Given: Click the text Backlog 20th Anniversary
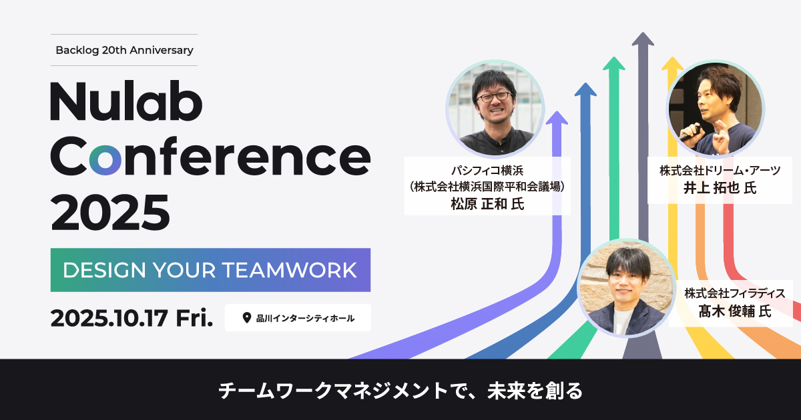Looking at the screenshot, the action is pyautogui.click(x=124, y=50).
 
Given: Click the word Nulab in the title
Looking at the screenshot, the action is pyautogui.click(x=126, y=101).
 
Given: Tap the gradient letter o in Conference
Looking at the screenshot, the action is pyautogui.click(x=105, y=159).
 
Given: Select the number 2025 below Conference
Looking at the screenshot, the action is pyautogui.click(x=109, y=213).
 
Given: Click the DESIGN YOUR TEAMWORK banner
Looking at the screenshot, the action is pyautogui.click(x=210, y=270).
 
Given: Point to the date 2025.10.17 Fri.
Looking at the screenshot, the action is pyautogui.click(x=131, y=318).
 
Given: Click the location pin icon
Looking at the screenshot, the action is pyautogui.click(x=247, y=318).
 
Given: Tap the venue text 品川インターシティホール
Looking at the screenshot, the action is pyautogui.click(x=305, y=318).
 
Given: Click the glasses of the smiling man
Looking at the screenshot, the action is pyautogui.click(x=495, y=97).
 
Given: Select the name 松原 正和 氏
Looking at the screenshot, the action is pyautogui.click(x=487, y=204).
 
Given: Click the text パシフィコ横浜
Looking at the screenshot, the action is pyautogui.click(x=487, y=171).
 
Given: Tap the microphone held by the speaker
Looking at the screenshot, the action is pyautogui.click(x=688, y=132).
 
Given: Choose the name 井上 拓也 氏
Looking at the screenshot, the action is pyautogui.click(x=720, y=188).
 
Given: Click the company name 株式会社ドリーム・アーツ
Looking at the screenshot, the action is pyautogui.click(x=720, y=171).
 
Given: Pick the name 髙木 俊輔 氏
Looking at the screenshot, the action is pyautogui.click(x=735, y=311).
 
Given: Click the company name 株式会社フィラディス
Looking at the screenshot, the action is pyautogui.click(x=735, y=293).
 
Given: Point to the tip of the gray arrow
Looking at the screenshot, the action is pyautogui.click(x=643, y=33).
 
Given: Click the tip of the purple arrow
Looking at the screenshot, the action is pyautogui.click(x=557, y=111).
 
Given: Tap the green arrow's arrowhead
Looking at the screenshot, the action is pyautogui.click(x=614, y=63).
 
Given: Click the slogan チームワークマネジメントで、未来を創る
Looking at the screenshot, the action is pyautogui.click(x=400, y=391).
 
